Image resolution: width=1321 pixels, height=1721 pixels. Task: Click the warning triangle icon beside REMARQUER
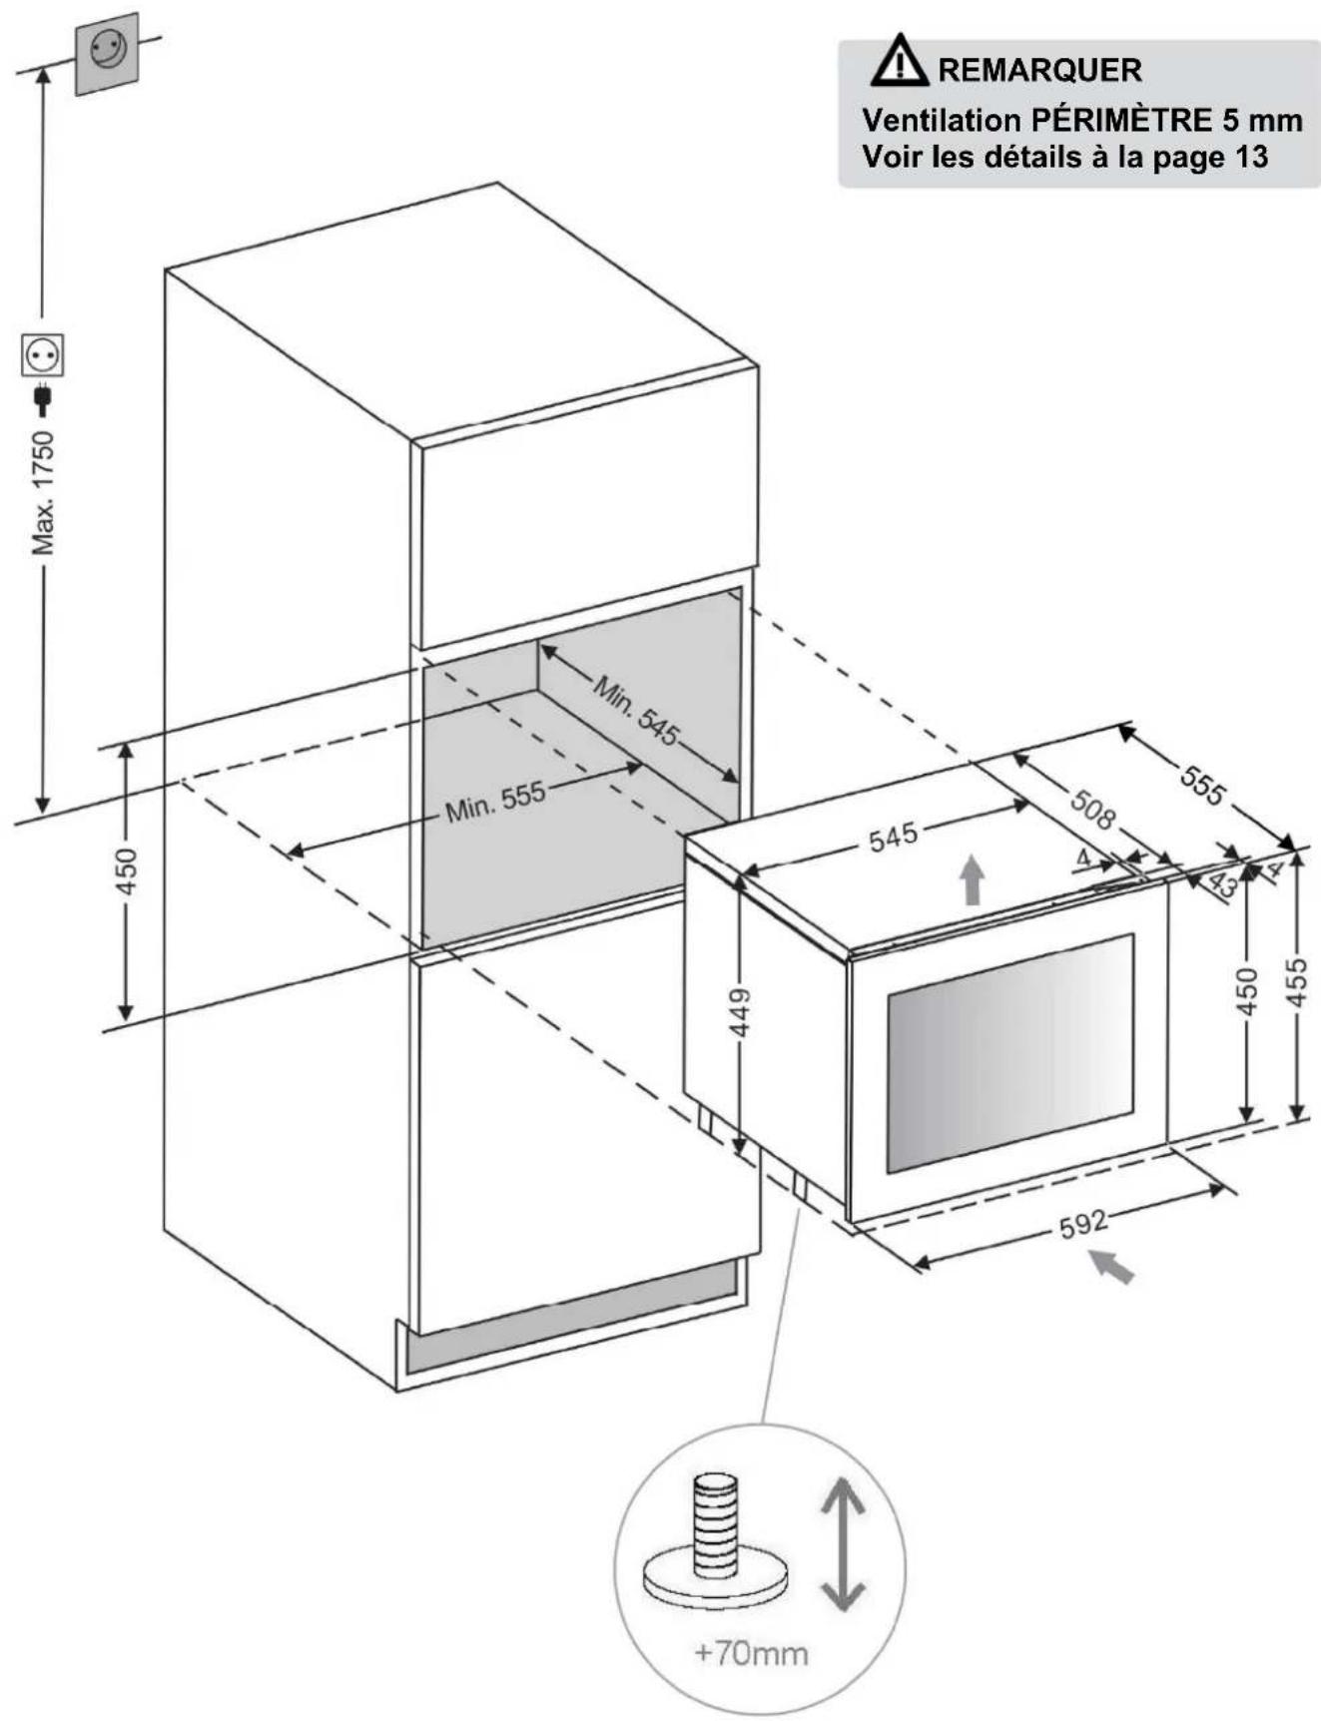[x=900, y=61]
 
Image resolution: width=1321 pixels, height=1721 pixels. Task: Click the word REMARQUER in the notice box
[x=1038, y=70]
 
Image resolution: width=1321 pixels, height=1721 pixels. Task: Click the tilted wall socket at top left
[x=107, y=53]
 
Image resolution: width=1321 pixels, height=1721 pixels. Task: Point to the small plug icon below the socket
[x=42, y=398]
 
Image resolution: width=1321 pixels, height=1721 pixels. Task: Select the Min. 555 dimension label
[x=495, y=802]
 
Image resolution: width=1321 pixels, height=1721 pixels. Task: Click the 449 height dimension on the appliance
[x=741, y=1011]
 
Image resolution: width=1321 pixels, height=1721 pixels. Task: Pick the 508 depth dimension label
[x=1092, y=809]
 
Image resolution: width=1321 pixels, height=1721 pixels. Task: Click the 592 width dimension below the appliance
[x=1082, y=1224]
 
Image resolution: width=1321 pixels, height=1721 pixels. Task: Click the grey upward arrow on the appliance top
[x=972, y=880]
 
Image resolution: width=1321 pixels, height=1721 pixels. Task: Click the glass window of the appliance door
[x=1009, y=1053]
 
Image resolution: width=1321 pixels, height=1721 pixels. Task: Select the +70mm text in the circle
[x=751, y=1653]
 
